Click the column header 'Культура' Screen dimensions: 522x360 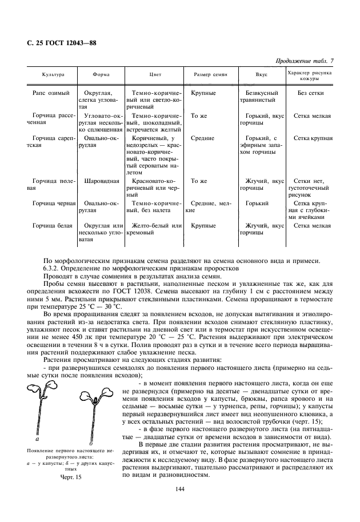[x=53, y=75]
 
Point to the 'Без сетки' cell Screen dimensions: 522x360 [x=311, y=93]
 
